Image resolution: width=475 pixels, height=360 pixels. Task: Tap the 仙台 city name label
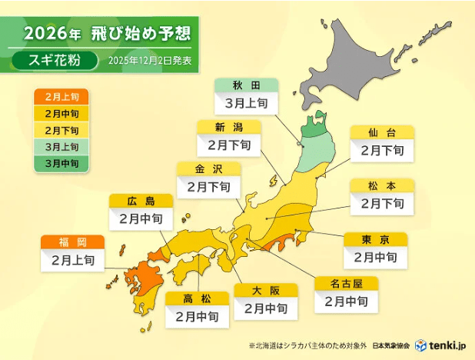pyautogui.click(x=381, y=132)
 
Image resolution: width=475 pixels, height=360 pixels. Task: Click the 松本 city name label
pyautogui.click(x=381, y=185)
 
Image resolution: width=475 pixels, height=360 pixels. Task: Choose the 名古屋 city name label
pyautogui.click(x=346, y=282)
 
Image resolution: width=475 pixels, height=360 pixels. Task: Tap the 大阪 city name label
pyautogui.click(x=265, y=290)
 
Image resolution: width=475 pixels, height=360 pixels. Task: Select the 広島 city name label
pyautogui.click(x=141, y=202)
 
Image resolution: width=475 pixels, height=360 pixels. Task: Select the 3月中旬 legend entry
pyautogui.click(x=61, y=162)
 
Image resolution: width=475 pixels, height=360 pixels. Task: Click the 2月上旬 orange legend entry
pyautogui.click(x=61, y=97)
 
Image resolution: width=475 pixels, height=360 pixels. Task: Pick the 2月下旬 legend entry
pyautogui.click(x=61, y=130)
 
